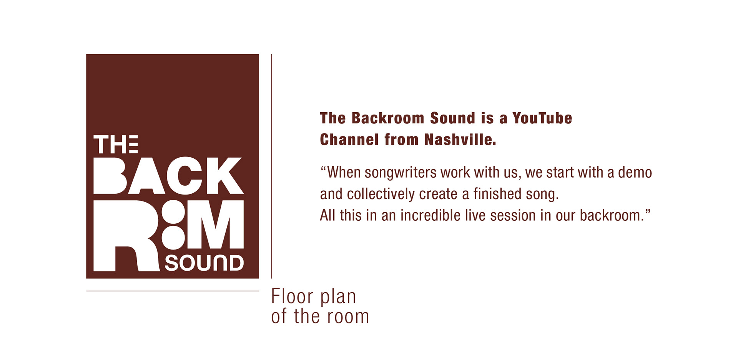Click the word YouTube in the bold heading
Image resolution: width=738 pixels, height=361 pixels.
click(x=542, y=118)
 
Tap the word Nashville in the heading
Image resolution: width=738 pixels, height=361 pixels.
click(x=460, y=140)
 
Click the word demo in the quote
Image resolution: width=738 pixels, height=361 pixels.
click(x=635, y=173)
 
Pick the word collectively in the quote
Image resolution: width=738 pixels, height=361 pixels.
click(x=381, y=194)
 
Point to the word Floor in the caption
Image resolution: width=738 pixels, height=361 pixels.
click(x=292, y=296)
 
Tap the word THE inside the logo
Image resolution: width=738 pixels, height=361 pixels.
click(x=116, y=144)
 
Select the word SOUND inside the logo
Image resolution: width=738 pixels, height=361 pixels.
click(x=204, y=263)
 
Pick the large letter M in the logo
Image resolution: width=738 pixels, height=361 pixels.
click(x=215, y=224)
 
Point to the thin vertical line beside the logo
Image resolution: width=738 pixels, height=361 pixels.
click(x=271, y=166)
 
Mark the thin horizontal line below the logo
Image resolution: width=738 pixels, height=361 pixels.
click(x=173, y=291)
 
